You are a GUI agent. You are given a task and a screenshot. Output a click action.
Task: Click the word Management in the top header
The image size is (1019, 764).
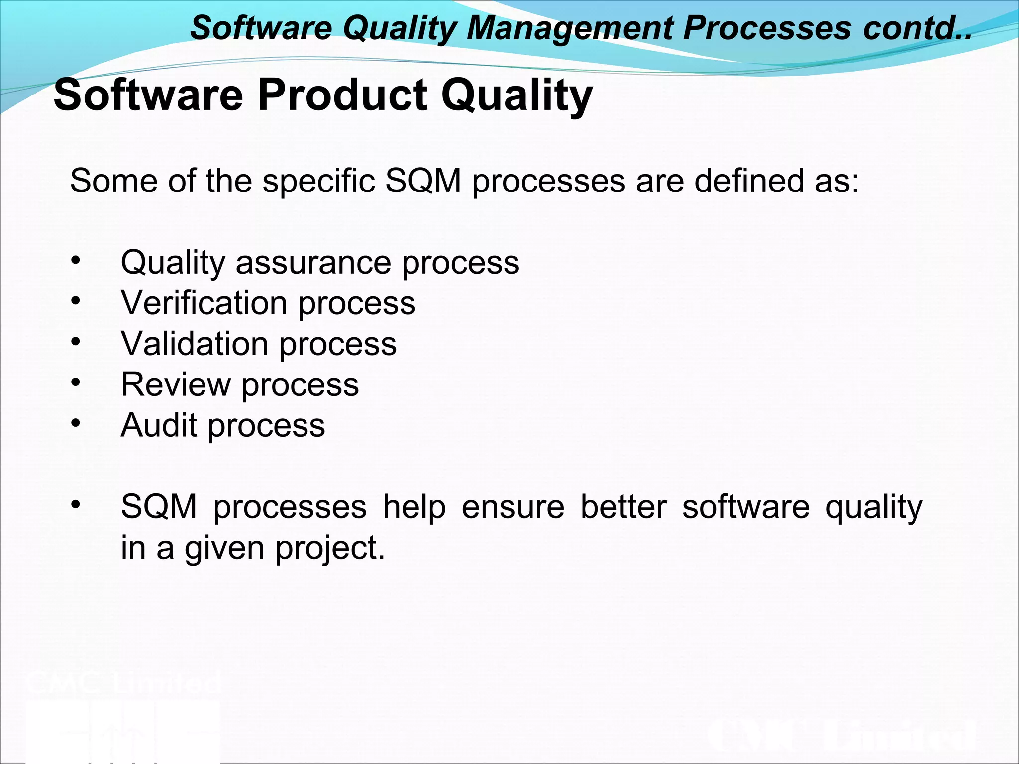(x=569, y=28)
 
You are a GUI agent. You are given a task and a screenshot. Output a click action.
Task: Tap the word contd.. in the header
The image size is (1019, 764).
(x=917, y=28)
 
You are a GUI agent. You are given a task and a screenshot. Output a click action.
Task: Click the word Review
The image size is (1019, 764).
(x=176, y=384)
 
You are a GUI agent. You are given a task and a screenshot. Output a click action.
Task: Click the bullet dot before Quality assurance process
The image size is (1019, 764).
(x=75, y=261)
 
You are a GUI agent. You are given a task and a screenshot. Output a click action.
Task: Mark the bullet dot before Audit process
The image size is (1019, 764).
(x=75, y=423)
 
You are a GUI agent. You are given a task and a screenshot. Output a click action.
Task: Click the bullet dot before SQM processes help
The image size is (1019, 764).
(x=75, y=505)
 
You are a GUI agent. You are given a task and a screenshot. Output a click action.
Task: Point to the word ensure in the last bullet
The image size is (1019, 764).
(x=512, y=507)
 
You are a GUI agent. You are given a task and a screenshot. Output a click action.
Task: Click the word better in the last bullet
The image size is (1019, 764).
(x=623, y=507)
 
